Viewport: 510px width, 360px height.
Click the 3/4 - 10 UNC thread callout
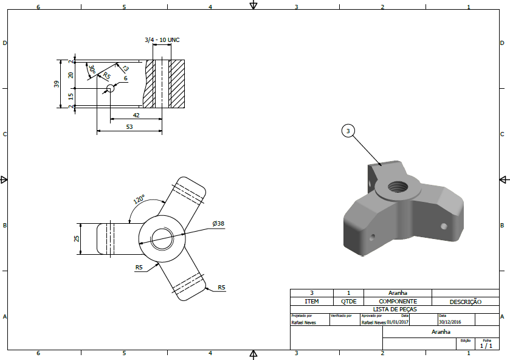click(162, 40)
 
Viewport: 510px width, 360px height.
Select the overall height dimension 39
click(57, 84)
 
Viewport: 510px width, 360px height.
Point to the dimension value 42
click(136, 115)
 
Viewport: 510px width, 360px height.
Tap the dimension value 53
click(129, 126)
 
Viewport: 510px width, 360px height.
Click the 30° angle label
click(92, 70)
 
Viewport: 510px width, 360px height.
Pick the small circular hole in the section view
click(110, 89)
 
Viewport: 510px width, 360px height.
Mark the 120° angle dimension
click(139, 199)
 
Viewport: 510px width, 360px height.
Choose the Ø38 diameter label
click(218, 224)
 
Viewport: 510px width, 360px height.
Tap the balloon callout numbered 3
click(348, 131)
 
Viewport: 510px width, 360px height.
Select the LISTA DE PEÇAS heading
click(394, 309)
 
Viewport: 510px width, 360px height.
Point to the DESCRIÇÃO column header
click(465, 302)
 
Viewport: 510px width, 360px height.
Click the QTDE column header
click(348, 302)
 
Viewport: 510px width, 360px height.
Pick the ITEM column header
click(311, 302)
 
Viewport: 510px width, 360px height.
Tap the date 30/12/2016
click(451, 323)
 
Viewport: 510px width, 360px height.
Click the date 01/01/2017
click(399, 323)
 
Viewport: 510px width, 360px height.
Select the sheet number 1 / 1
click(486, 346)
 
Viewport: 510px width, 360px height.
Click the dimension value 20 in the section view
click(71, 75)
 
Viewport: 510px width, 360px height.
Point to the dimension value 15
click(71, 96)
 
